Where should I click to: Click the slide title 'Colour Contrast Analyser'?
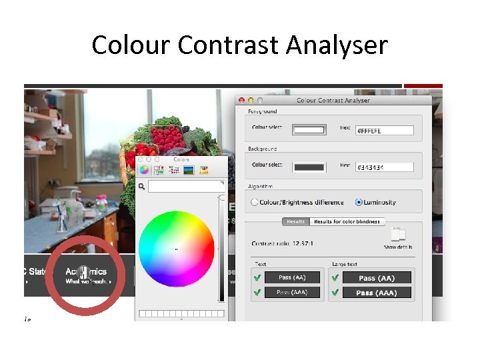(x=239, y=45)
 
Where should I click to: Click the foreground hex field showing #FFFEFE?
(x=385, y=131)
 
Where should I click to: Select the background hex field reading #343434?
(x=385, y=167)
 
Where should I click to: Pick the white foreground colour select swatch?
(x=309, y=130)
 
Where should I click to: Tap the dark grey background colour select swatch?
(x=309, y=167)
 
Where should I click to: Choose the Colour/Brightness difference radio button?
(x=255, y=202)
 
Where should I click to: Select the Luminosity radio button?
(x=359, y=202)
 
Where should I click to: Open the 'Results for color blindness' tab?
(x=347, y=221)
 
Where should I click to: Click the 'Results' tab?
(x=295, y=221)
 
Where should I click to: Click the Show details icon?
(x=398, y=235)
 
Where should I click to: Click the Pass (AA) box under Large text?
(x=376, y=277)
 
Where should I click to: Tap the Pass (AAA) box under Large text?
(x=376, y=292)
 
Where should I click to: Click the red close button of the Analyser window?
(x=241, y=101)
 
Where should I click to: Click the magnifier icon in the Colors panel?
(x=142, y=187)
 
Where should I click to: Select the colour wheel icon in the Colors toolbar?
(x=144, y=170)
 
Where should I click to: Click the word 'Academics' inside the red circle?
(x=86, y=272)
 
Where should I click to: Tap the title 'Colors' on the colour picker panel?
(x=181, y=160)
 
